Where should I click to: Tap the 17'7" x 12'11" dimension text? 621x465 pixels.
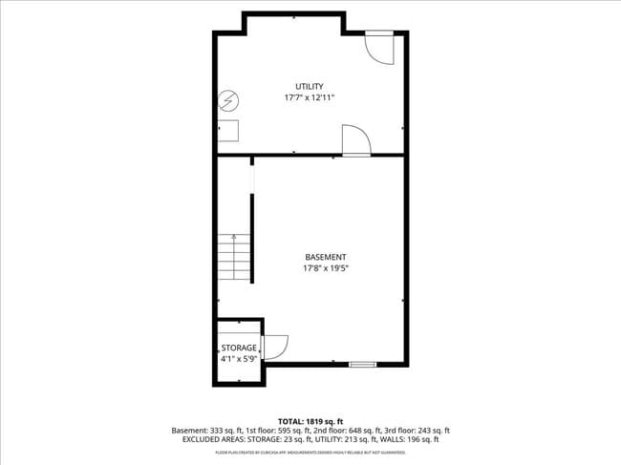pyautogui.click(x=309, y=98)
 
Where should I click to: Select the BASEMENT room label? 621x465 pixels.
pyautogui.click(x=326, y=257)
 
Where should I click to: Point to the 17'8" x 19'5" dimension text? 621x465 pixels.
pyautogui.click(x=326, y=268)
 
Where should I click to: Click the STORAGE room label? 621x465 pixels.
pyautogui.click(x=239, y=348)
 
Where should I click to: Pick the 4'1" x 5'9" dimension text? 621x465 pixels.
pyautogui.click(x=239, y=359)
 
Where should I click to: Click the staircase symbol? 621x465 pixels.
pyautogui.click(x=234, y=256)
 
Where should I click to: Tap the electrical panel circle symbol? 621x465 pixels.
pyautogui.click(x=228, y=99)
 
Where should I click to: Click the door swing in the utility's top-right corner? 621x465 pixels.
pyautogui.click(x=380, y=48)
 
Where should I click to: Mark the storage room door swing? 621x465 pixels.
pyautogui.click(x=274, y=347)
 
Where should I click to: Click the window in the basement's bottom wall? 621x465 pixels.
pyautogui.click(x=362, y=364)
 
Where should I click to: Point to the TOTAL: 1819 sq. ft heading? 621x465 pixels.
pyautogui.click(x=310, y=421)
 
